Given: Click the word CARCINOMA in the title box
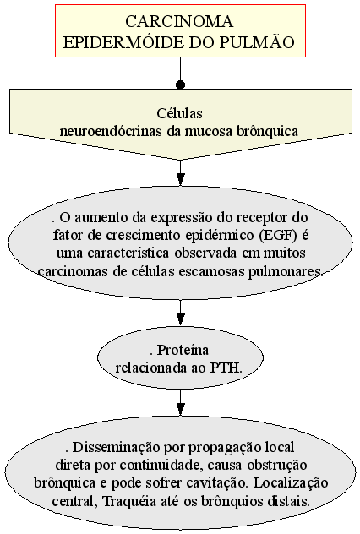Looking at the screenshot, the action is pos(179,22).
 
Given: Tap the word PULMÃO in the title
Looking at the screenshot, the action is pos(257,43).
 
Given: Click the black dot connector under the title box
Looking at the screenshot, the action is pos(181,84).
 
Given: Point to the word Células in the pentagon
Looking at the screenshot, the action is pos(179,113).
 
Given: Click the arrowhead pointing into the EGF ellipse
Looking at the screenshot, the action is pos(181,179).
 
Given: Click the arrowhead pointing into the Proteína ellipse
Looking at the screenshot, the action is pos(181,319).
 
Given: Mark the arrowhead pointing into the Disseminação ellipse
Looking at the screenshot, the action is pos(181,409).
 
